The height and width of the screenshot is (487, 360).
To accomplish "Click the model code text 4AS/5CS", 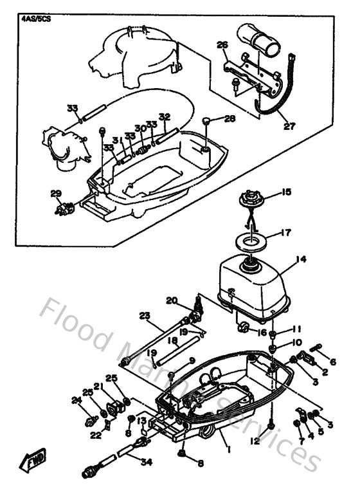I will pyautogui.click(x=36, y=19).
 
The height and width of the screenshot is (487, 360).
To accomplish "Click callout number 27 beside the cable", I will pyautogui.click(x=289, y=126).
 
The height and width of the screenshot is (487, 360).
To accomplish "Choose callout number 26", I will pyautogui.click(x=222, y=45).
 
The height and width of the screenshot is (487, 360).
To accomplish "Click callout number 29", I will pyautogui.click(x=56, y=194).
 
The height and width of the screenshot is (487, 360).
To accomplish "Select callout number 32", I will pyautogui.click(x=165, y=116).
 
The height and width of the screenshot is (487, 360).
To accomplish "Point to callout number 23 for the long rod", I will pyautogui.click(x=144, y=315).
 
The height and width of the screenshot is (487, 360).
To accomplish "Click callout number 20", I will pyautogui.click(x=171, y=300).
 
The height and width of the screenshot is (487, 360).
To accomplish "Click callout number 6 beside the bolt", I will pyautogui.click(x=332, y=362).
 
